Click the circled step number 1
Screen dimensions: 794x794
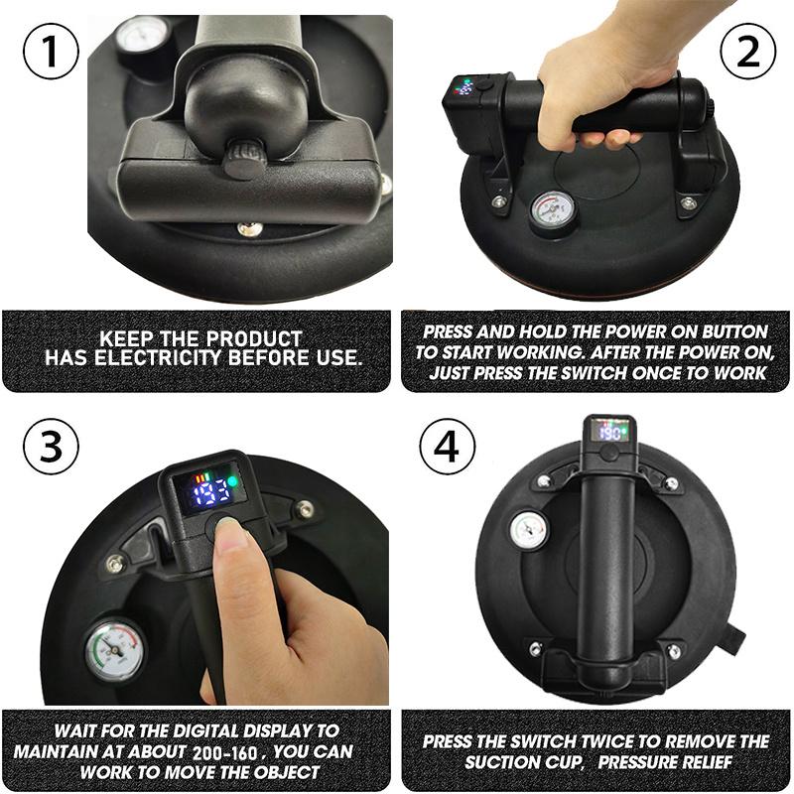pos(51,52)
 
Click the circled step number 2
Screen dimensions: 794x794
pos(748,52)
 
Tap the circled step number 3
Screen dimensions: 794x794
pos(51,446)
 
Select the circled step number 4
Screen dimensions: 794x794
pos(448,446)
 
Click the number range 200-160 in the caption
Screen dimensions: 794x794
pos(225,752)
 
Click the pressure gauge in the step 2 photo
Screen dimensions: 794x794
pos(553,211)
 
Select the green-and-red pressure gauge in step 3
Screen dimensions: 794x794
pos(114,651)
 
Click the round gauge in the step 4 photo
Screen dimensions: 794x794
pos(529,530)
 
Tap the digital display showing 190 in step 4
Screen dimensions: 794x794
pos(609,432)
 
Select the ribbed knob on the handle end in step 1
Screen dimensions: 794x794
pos(244,159)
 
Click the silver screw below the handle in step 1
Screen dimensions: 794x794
pos(250,229)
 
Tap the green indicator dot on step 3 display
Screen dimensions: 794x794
pos(232,481)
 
